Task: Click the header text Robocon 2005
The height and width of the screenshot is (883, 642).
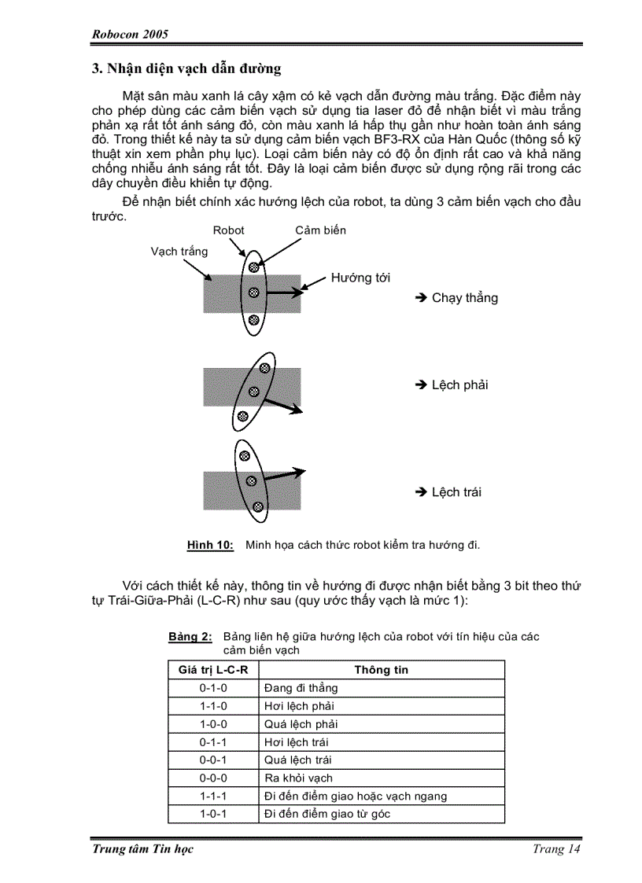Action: pyautogui.click(x=131, y=35)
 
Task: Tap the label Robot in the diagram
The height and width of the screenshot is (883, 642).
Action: pyautogui.click(x=228, y=230)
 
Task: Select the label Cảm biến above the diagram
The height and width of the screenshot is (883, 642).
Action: pyautogui.click(x=320, y=230)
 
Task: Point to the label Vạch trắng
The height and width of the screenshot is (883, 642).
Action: pyautogui.click(x=179, y=252)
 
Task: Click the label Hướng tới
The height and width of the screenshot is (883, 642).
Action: pyautogui.click(x=360, y=278)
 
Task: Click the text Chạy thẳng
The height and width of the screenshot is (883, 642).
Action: pyautogui.click(x=464, y=298)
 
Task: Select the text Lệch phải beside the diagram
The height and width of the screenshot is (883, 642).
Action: pyautogui.click(x=459, y=385)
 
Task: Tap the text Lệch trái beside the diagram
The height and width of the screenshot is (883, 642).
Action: pyautogui.click(x=456, y=492)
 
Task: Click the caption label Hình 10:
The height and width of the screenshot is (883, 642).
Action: pyautogui.click(x=210, y=544)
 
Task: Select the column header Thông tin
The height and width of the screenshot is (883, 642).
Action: pyautogui.click(x=381, y=670)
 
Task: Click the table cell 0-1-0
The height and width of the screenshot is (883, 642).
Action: pyautogui.click(x=213, y=688)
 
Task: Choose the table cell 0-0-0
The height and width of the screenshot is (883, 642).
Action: pyautogui.click(x=213, y=778)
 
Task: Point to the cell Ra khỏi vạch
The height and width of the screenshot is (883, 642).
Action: pyautogui.click(x=299, y=778)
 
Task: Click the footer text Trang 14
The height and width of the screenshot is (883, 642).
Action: pyautogui.click(x=556, y=849)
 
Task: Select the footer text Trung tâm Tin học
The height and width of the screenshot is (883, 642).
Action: pyautogui.click(x=142, y=849)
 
